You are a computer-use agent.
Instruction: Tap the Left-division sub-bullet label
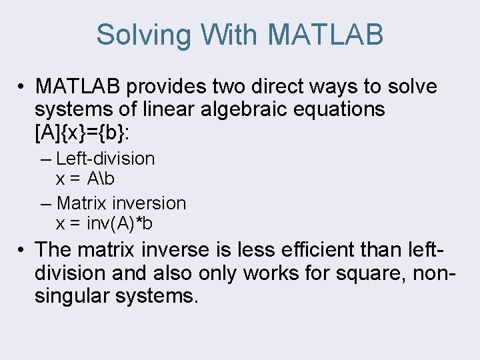pyautogui.click(x=105, y=159)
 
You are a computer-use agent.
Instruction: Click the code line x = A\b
pyautogui.click(x=85, y=179)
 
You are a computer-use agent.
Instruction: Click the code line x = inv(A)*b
pyautogui.click(x=104, y=223)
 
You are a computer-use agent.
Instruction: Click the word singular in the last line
pyautogui.click(x=71, y=295)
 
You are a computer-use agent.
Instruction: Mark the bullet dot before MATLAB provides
pyautogui.click(x=22, y=87)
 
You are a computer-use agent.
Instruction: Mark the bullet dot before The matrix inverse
pyautogui.click(x=22, y=251)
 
